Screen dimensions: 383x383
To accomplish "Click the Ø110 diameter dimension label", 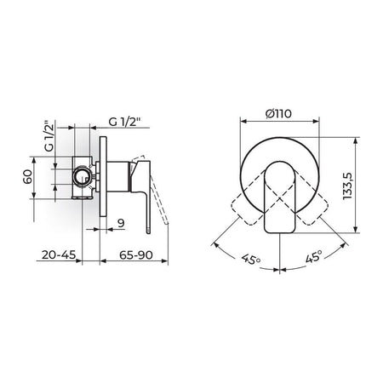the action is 278,114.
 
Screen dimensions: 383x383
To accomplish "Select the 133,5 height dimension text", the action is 347,186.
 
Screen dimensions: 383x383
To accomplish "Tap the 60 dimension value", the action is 28,176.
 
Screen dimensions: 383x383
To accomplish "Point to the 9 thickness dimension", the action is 121,223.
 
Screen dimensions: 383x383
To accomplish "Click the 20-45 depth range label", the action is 59,254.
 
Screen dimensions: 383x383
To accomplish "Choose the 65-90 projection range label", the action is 136,255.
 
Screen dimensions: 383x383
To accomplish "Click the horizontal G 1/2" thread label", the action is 125,122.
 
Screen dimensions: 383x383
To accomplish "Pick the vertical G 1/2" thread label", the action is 49,136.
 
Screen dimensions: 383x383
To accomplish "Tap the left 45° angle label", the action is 251,259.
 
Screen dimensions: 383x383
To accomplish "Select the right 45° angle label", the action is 314,256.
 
